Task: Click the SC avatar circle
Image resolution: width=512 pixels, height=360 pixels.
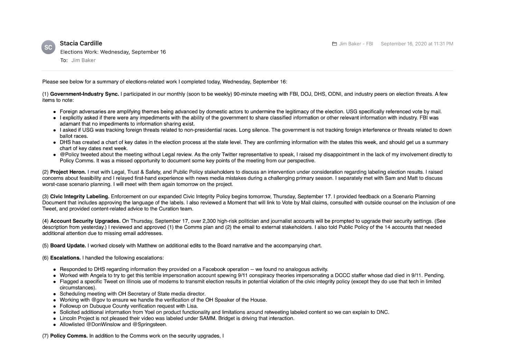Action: [48, 47]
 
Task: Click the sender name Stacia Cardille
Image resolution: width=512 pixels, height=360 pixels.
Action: [81, 43]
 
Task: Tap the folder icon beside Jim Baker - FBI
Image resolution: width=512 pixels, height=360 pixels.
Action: [334, 44]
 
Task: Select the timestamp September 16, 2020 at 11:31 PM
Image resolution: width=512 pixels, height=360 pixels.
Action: [417, 44]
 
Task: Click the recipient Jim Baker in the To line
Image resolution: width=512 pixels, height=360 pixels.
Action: [83, 60]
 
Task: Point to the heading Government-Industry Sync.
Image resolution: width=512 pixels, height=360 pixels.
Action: [84, 94]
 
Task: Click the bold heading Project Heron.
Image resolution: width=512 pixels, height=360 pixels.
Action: [68, 172]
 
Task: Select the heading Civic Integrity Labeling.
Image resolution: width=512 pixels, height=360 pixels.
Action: [79, 197]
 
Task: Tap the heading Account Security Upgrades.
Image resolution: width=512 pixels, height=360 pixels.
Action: [85, 221]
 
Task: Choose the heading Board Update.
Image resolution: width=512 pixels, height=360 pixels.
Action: [68, 246]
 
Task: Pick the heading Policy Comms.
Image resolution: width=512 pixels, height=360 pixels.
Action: [69, 336]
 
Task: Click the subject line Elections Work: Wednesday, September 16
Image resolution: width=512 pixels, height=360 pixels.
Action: [113, 52]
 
